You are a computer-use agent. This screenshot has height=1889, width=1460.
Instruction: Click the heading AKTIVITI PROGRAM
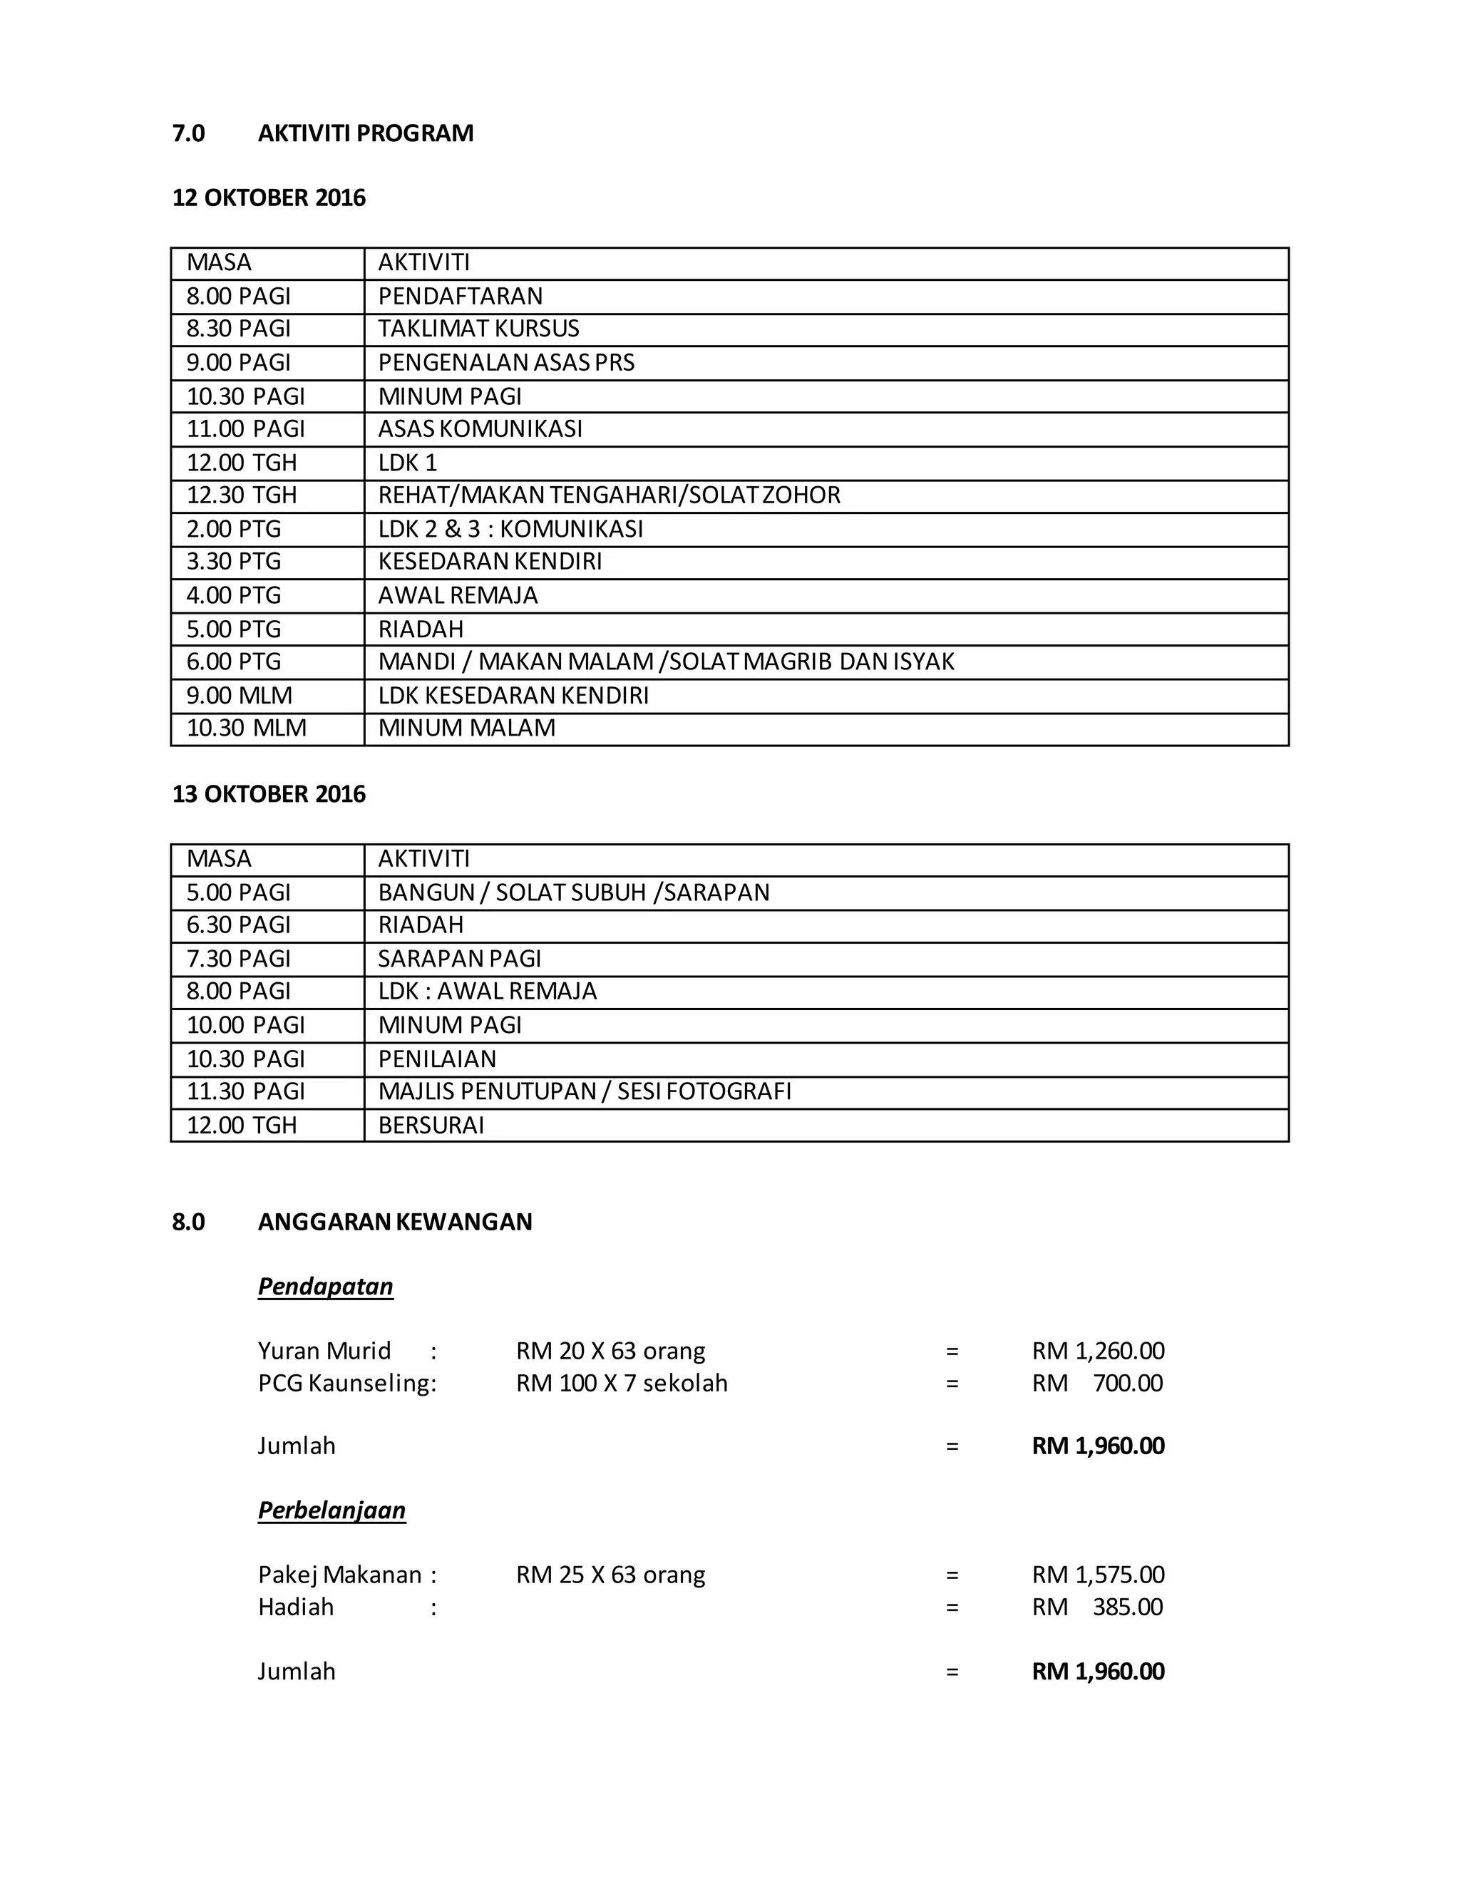click(x=365, y=133)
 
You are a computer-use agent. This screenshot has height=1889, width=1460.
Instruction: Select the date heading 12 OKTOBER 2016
click(x=269, y=198)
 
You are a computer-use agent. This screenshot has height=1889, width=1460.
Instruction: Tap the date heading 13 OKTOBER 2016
click(x=269, y=794)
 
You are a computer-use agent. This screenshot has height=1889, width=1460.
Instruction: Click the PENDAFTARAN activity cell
click(x=460, y=297)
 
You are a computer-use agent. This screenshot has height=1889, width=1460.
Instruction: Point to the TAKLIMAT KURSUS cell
click(x=478, y=329)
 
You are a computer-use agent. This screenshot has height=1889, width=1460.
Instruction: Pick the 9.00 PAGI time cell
click(x=239, y=362)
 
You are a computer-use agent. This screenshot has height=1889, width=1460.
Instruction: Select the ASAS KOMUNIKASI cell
click(x=480, y=429)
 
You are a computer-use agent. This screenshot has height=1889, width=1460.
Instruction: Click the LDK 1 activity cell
click(x=407, y=463)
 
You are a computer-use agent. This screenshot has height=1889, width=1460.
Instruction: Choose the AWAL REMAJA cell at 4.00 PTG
click(x=458, y=596)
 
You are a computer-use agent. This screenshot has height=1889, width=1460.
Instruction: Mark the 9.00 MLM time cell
click(x=240, y=696)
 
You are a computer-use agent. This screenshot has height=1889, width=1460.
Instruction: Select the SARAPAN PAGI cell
click(x=459, y=958)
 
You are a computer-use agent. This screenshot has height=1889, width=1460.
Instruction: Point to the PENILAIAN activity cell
click(x=437, y=1059)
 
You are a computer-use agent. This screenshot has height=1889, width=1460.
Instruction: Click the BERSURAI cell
click(x=431, y=1126)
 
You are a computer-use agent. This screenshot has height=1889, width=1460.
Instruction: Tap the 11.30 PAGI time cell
click(x=246, y=1091)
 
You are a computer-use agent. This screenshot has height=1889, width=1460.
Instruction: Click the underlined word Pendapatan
click(x=325, y=1286)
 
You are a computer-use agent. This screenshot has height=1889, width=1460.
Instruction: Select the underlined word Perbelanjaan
click(x=331, y=1510)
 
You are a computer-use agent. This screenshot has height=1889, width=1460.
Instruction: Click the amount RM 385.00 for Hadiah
click(x=1098, y=1607)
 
